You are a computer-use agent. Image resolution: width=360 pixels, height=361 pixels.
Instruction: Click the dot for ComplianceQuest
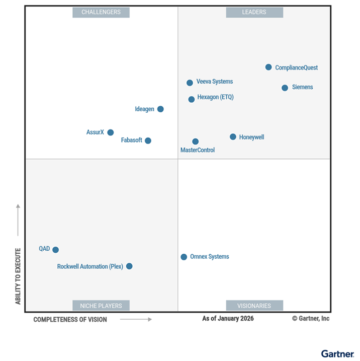point(268,67)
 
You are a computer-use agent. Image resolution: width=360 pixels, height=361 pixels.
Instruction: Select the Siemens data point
point(285,88)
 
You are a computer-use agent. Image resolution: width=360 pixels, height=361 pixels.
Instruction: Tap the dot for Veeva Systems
point(190,83)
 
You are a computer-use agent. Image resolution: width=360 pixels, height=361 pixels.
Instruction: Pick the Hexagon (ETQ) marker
point(192,99)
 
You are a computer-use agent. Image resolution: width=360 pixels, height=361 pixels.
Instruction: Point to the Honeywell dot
point(233,137)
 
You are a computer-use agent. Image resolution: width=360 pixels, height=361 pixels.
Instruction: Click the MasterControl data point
point(196,141)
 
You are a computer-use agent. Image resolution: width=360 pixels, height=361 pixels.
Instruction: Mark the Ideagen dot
point(160,109)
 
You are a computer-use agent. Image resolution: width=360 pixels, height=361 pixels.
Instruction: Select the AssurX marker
point(111,132)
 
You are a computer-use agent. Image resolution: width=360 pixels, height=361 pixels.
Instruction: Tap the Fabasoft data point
point(148,140)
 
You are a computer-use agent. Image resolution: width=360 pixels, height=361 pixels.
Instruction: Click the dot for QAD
point(56,250)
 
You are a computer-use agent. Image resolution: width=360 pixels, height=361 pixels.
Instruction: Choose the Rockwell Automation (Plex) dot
point(129,266)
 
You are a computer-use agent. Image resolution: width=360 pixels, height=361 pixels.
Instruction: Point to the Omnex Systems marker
point(184,257)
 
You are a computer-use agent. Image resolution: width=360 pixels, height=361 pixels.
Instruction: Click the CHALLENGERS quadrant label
point(101,12)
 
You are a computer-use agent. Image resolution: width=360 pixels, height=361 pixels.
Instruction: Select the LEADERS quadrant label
point(254,12)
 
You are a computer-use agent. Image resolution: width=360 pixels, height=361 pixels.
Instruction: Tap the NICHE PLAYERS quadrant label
point(101,306)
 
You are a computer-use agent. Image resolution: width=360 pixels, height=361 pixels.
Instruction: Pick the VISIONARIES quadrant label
point(254,306)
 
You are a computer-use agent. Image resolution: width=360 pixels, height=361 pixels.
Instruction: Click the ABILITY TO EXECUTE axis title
point(18,276)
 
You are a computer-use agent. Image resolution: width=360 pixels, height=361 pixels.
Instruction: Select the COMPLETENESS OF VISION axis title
point(70,319)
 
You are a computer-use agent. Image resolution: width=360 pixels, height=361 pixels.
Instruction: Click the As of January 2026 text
point(228,319)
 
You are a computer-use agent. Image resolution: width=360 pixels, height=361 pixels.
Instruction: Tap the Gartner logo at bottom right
point(337,354)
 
